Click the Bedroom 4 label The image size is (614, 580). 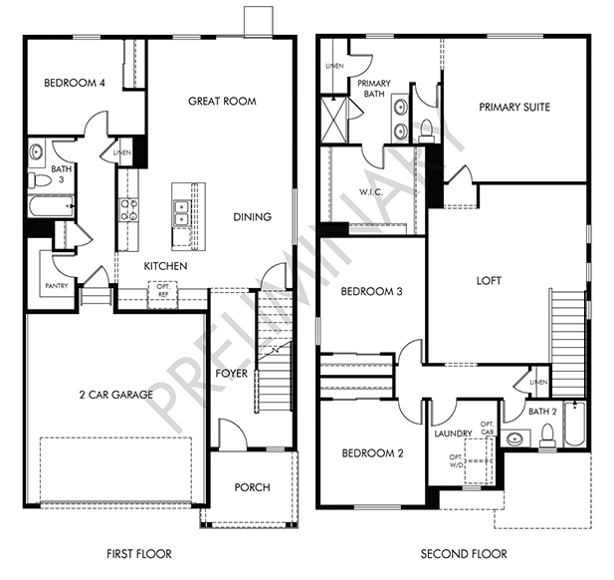point(75,83)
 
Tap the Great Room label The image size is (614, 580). point(222,102)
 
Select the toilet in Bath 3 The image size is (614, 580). point(40,180)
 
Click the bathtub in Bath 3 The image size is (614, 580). point(51,206)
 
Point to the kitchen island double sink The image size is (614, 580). point(181,213)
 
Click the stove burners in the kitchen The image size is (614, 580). point(128,210)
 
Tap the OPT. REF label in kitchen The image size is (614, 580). point(163,290)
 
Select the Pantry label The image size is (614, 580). point(57,286)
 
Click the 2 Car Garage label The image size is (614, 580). point(115,395)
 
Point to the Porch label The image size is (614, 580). point(252,487)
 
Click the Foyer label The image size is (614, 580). point(232,374)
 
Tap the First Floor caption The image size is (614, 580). point(139,554)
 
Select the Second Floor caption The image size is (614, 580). point(464,554)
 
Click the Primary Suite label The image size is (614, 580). point(514,107)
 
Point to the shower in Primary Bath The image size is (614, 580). point(334,120)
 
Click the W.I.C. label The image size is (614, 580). point(371,192)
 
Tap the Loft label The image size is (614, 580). point(489,281)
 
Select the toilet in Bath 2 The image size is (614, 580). point(547,436)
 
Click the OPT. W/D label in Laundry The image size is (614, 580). point(456,460)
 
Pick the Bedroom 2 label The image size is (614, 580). point(372,453)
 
